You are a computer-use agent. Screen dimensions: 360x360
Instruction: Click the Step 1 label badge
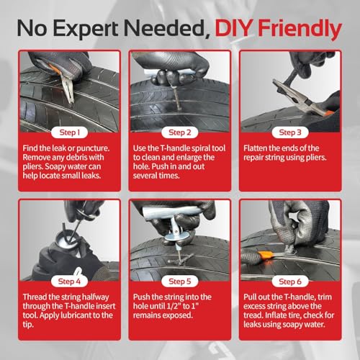click(x=69, y=132)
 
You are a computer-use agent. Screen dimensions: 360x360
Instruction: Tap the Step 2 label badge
click(x=180, y=132)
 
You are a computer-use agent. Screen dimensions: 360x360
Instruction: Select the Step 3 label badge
click(x=290, y=132)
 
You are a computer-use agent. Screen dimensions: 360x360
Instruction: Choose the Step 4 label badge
click(x=69, y=282)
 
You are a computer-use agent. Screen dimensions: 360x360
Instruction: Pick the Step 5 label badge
click(x=180, y=282)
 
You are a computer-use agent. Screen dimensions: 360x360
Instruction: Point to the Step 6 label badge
click(x=290, y=282)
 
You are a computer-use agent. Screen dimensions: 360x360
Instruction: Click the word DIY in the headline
click(x=233, y=28)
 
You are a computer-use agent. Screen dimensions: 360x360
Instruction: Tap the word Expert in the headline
click(x=85, y=29)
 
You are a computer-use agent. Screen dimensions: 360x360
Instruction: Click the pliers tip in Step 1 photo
click(x=71, y=102)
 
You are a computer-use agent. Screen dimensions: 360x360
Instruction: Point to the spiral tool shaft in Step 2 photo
click(x=178, y=99)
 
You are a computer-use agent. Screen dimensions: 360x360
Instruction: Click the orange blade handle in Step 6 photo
click(x=265, y=255)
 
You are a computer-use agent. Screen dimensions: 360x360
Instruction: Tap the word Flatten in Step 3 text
click(x=255, y=148)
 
